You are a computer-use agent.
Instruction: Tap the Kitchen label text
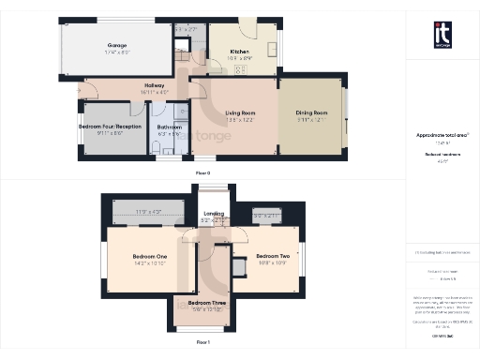tap(239, 52)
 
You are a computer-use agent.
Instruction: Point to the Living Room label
tap(240, 113)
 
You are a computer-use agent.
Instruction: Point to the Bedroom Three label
tap(205, 303)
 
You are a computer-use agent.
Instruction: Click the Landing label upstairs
tap(214, 215)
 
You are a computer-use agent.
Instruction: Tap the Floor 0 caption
tap(202, 172)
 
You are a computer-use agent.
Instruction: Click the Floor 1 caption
tap(202, 342)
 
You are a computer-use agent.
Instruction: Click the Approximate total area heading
tap(436, 135)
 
